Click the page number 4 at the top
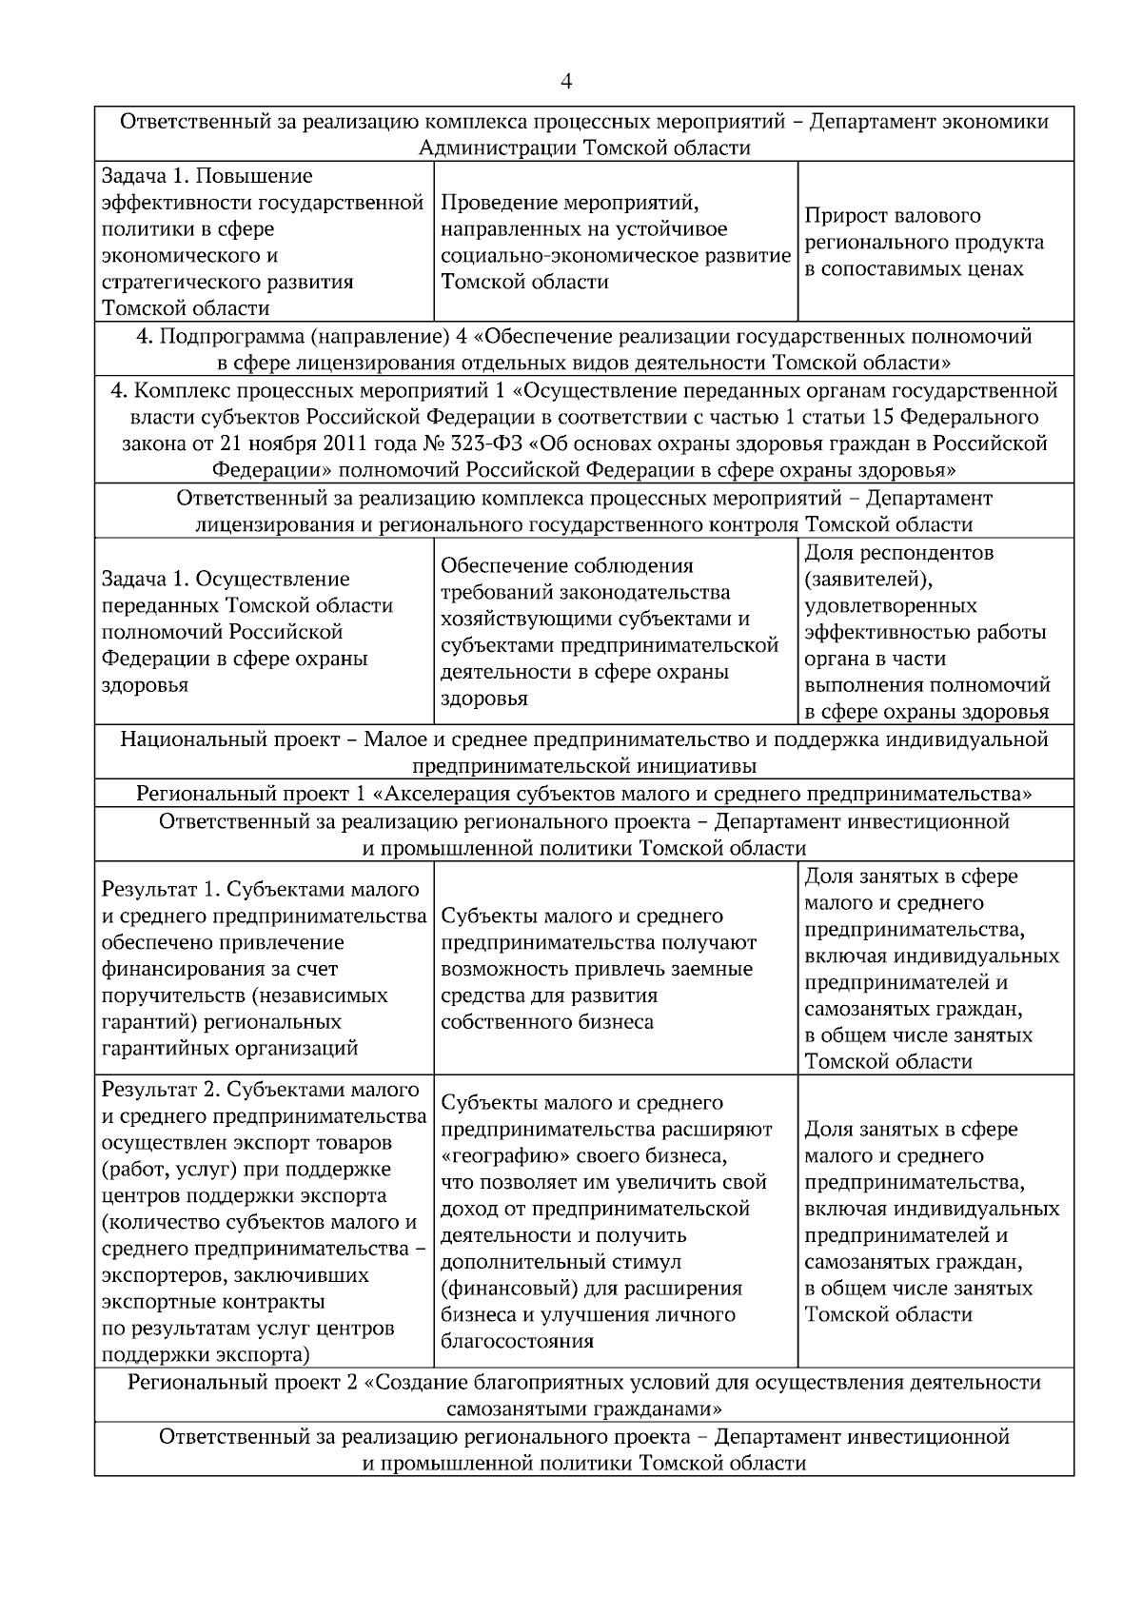click(567, 82)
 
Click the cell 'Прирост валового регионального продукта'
click(924, 242)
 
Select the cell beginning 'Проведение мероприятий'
click(615, 242)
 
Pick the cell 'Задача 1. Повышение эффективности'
click(263, 242)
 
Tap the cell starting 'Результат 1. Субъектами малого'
click(263, 969)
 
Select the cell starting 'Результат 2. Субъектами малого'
click(263, 1222)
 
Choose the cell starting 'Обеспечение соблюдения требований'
click(610, 632)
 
